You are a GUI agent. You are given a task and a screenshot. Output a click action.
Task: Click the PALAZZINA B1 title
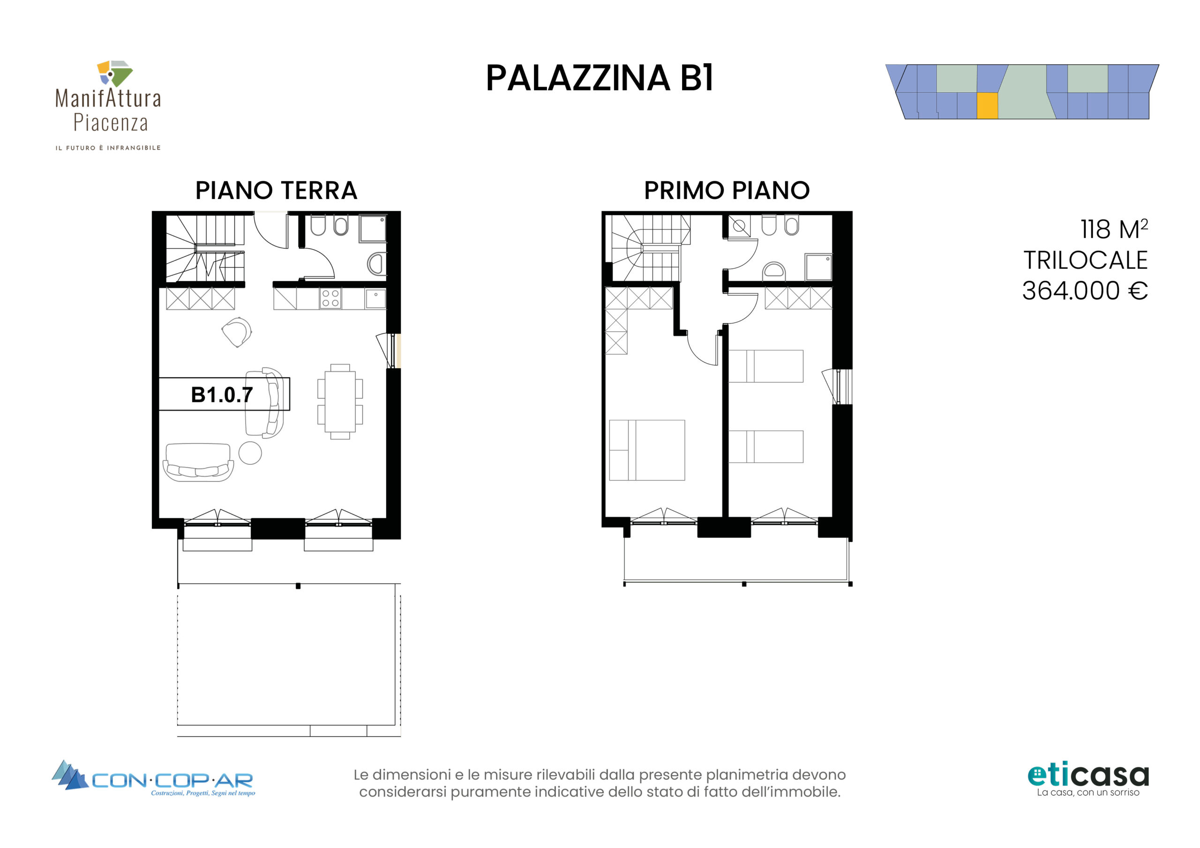(x=600, y=78)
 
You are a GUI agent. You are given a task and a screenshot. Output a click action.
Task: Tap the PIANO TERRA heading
(x=276, y=190)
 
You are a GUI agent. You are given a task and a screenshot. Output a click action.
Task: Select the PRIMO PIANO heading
(x=727, y=190)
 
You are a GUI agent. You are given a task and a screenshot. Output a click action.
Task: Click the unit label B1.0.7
(x=222, y=395)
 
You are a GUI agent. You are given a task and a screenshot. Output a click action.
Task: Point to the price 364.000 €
(x=1085, y=290)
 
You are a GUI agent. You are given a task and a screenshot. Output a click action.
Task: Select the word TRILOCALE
(x=1086, y=260)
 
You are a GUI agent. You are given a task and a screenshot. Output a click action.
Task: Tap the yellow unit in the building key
(x=987, y=106)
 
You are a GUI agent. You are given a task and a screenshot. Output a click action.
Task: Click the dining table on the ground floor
(x=340, y=401)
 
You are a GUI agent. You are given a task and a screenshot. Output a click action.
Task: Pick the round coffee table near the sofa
(x=250, y=453)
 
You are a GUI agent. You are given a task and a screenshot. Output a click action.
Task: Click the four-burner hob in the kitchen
(x=330, y=298)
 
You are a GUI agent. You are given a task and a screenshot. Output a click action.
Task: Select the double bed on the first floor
(x=647, y=450)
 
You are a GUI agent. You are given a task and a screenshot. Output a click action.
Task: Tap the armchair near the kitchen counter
(x=237, y=332)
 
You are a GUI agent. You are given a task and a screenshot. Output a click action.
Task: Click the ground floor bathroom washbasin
(x=377, y=264)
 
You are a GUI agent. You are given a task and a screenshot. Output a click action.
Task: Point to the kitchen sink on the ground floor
(x=375, y=299)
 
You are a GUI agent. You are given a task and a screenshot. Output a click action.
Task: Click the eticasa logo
(x=1088, y=780)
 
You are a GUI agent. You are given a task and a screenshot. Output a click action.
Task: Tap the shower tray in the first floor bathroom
(x=818, y=268)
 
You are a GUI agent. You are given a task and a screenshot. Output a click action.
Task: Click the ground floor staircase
(x=205, y=249)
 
